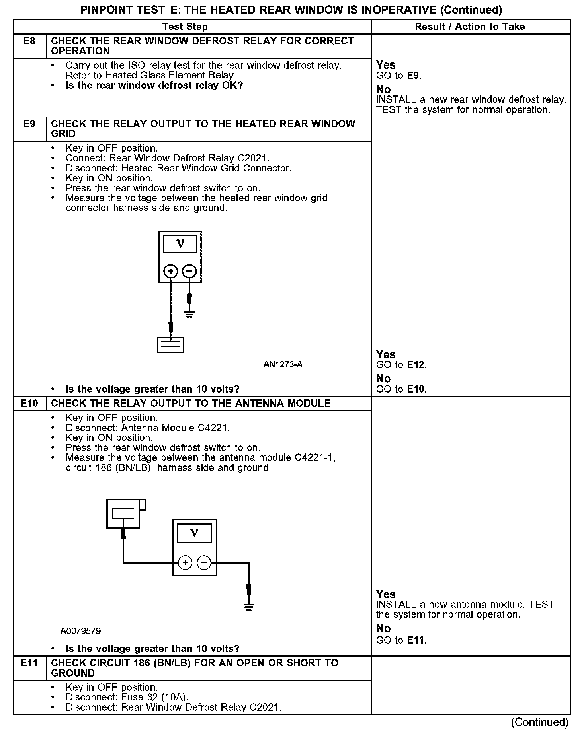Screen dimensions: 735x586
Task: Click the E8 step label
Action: (x=29, y=41)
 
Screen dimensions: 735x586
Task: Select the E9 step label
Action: (x=29, y=124)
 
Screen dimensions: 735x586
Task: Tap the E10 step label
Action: (x=29, y=404)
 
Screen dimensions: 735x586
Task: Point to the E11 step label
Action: (x=29, y=663)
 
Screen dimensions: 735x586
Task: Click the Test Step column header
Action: (x=185, y=27)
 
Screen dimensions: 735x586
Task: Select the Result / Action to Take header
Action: (x=470, y=27)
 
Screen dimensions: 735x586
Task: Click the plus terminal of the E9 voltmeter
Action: (x=171, y=272)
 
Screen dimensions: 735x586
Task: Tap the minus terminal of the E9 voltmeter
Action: (x=189, y=272)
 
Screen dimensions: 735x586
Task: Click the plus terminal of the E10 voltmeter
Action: (x=185, y=562)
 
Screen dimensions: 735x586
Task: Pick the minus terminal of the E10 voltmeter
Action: (x=204, y=562)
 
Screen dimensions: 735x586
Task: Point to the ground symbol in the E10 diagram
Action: (x=249, y=607)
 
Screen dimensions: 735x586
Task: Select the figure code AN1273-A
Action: (x=283, y=364)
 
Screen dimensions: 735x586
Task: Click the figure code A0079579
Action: (x=80, y=631)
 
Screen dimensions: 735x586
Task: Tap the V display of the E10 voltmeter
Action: (x=194, y=533)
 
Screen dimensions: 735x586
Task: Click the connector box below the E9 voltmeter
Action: (x=170, y=344)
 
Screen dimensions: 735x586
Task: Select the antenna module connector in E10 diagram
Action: (x=124, y=513)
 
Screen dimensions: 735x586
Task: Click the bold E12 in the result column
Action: (x=416, y=365)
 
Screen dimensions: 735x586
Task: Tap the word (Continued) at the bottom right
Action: (x=539, y=722)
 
